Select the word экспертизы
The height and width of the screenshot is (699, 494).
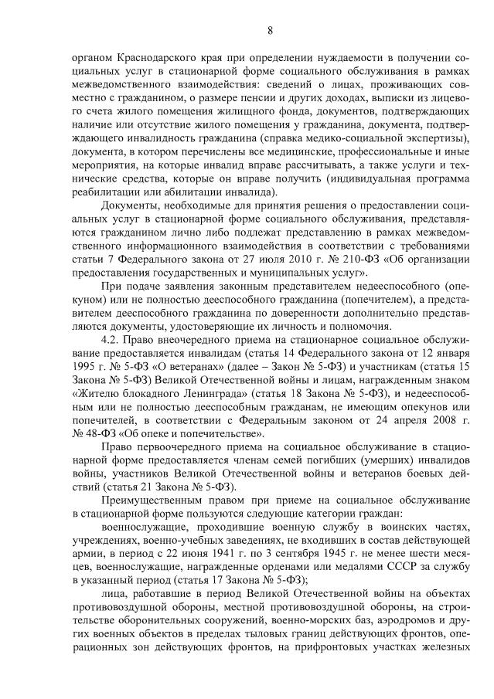[441, 138]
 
